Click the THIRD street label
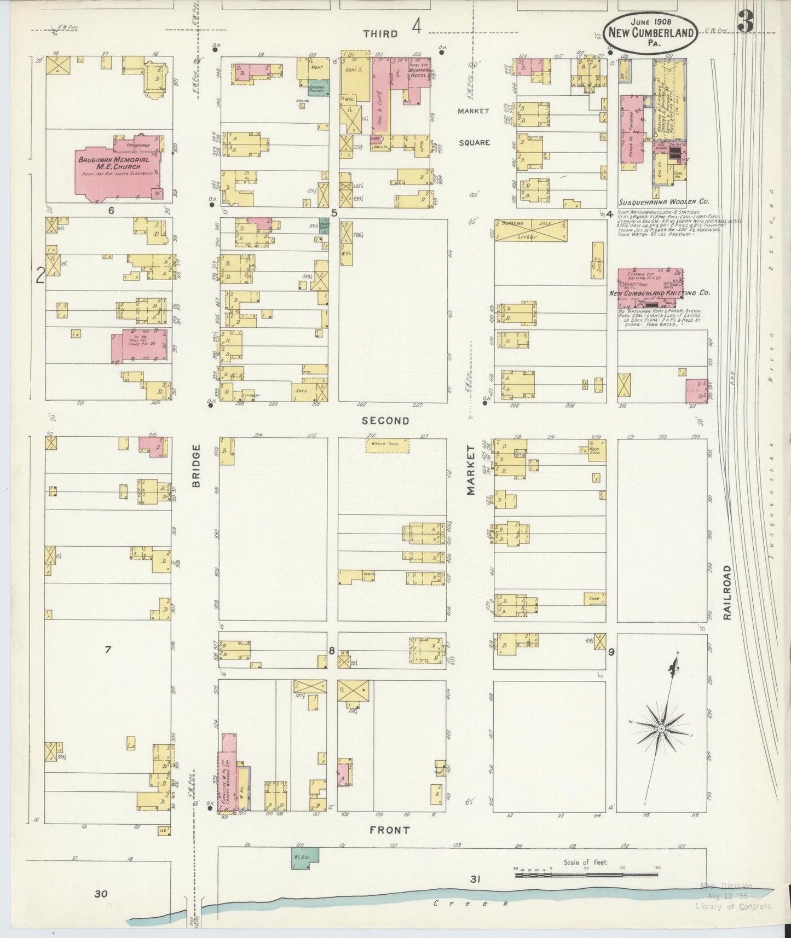380,34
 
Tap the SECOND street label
385,421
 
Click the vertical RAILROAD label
727,592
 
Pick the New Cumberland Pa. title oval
651,32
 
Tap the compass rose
661,729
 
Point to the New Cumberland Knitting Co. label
659,293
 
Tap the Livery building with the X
530,230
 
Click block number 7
108,650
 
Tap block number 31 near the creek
475,879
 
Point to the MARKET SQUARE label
474,126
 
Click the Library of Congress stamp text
732,906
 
